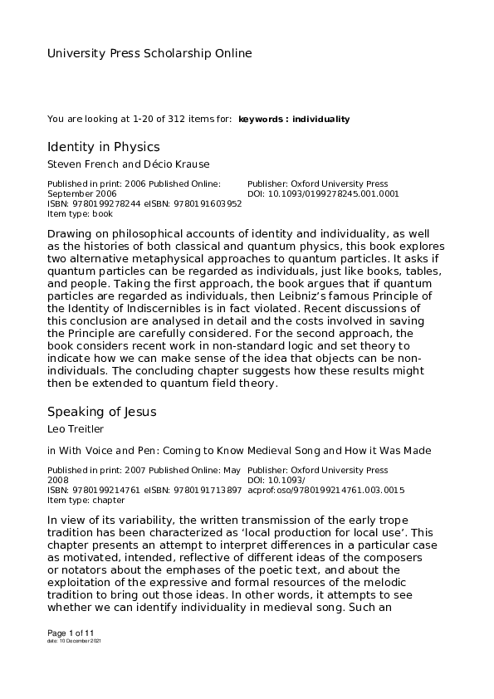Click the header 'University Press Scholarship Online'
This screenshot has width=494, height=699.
(149, 54)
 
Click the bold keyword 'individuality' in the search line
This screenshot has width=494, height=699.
(321, 120)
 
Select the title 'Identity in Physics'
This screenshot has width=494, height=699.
(103, 147)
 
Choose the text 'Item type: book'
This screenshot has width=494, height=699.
(80, 213)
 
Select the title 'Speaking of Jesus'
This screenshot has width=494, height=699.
(101, 412)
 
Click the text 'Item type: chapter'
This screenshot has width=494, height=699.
(86, 501)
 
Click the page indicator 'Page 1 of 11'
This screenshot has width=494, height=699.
(71, 633)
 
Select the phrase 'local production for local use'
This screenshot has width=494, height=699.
(327, 532)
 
